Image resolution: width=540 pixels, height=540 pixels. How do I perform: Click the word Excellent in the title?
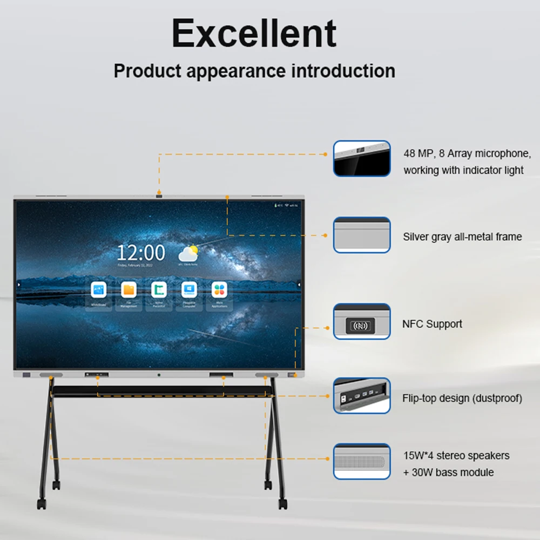pos(254,33)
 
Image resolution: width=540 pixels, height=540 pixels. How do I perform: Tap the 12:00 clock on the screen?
pos(141,253)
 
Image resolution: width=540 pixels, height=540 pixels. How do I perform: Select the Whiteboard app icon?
pos(99,290)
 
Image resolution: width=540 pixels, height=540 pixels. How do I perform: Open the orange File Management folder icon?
pos(129,290)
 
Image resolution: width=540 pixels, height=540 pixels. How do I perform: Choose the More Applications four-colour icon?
pos(219,290)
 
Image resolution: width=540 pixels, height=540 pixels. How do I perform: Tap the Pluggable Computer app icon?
pos(189,290)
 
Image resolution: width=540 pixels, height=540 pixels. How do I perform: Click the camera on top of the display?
pos(159,195)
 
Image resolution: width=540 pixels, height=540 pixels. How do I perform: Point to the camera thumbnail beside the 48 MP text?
pos(361,159)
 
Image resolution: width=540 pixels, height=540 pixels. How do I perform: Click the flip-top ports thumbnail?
pos(361,396)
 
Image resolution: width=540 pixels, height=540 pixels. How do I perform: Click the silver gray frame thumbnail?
pos(361,235)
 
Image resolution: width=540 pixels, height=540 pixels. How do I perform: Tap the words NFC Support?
pos(432,324)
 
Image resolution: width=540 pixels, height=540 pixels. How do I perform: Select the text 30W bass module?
pos(453,473)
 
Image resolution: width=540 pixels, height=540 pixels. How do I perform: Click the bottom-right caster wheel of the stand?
pos(281,503)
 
